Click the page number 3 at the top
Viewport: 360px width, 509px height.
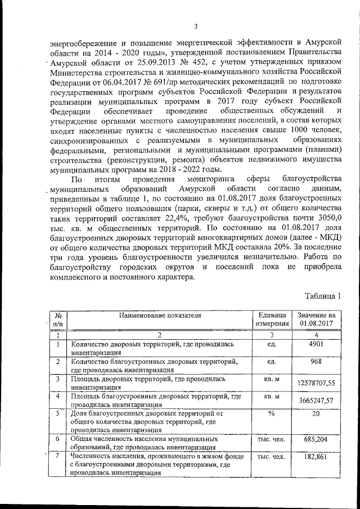click(196, 26)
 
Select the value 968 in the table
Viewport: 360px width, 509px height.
click(316, 362)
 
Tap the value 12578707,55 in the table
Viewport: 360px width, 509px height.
click(316, 383)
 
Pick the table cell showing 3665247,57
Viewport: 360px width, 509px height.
click(316, 401)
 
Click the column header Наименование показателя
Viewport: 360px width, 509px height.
click(159, 315)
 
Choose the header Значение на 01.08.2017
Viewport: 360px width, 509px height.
click(316, 319)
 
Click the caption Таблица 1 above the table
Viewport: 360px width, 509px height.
click(323, 295)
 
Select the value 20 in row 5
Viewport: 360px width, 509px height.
click(316, 414)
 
